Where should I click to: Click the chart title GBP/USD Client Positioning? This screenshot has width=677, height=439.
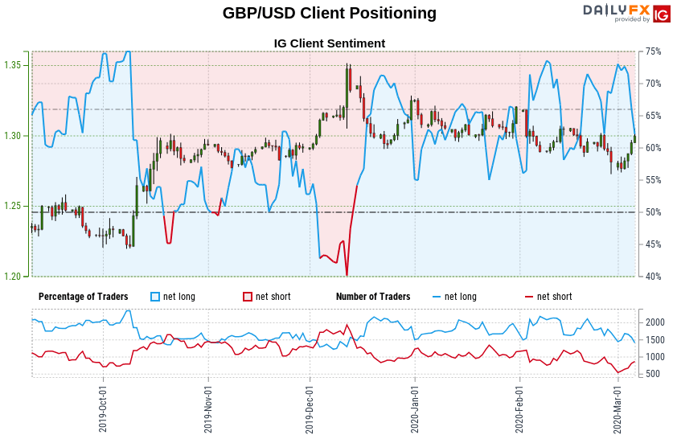pos(330,14)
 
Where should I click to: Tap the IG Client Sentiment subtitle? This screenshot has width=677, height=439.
pos(330,43)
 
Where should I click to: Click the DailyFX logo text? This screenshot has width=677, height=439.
pos(616,10)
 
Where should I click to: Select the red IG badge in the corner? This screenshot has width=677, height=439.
pos(662,14)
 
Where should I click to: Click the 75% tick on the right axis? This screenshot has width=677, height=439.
pos(653,51)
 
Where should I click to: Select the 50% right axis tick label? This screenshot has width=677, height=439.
pos(653,212)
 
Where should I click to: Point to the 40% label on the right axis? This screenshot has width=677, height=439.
pos(653,277)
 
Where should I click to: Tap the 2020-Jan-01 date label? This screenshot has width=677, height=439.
pos(415,407)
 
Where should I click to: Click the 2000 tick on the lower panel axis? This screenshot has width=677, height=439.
pos(655,322)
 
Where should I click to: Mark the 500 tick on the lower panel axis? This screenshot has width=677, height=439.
pos(653,374)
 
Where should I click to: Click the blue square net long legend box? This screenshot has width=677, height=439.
pos(155,297)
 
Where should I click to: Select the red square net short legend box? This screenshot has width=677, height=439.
pos(248,297)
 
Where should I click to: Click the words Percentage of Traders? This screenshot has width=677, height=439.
pos(83,297)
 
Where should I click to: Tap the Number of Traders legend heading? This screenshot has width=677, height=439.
pos(373,297)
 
